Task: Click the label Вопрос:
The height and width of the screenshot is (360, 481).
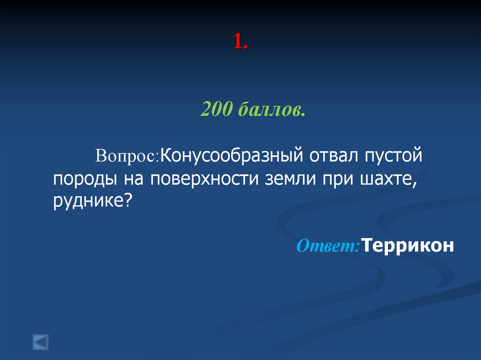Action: tap(128, 156)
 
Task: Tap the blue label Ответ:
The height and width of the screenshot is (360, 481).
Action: tap(328, 246)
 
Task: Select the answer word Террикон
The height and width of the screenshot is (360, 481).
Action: tap(408, 245)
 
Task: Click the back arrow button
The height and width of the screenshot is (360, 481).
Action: tap(40, 342)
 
